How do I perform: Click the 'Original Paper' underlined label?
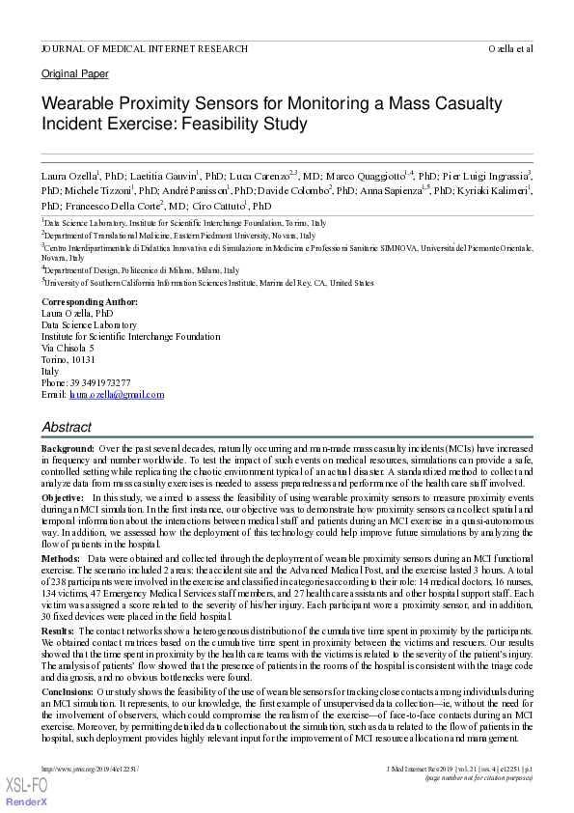tap(74, 74)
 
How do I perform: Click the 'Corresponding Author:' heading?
tap(89, 302)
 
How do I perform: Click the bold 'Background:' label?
tap(68, 450)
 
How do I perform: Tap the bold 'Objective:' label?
tap(63, 495)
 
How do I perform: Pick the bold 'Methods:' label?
tap(61, 559)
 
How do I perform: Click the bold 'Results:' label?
tap(59, 631)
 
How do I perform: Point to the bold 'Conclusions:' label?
tap(70, 693)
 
